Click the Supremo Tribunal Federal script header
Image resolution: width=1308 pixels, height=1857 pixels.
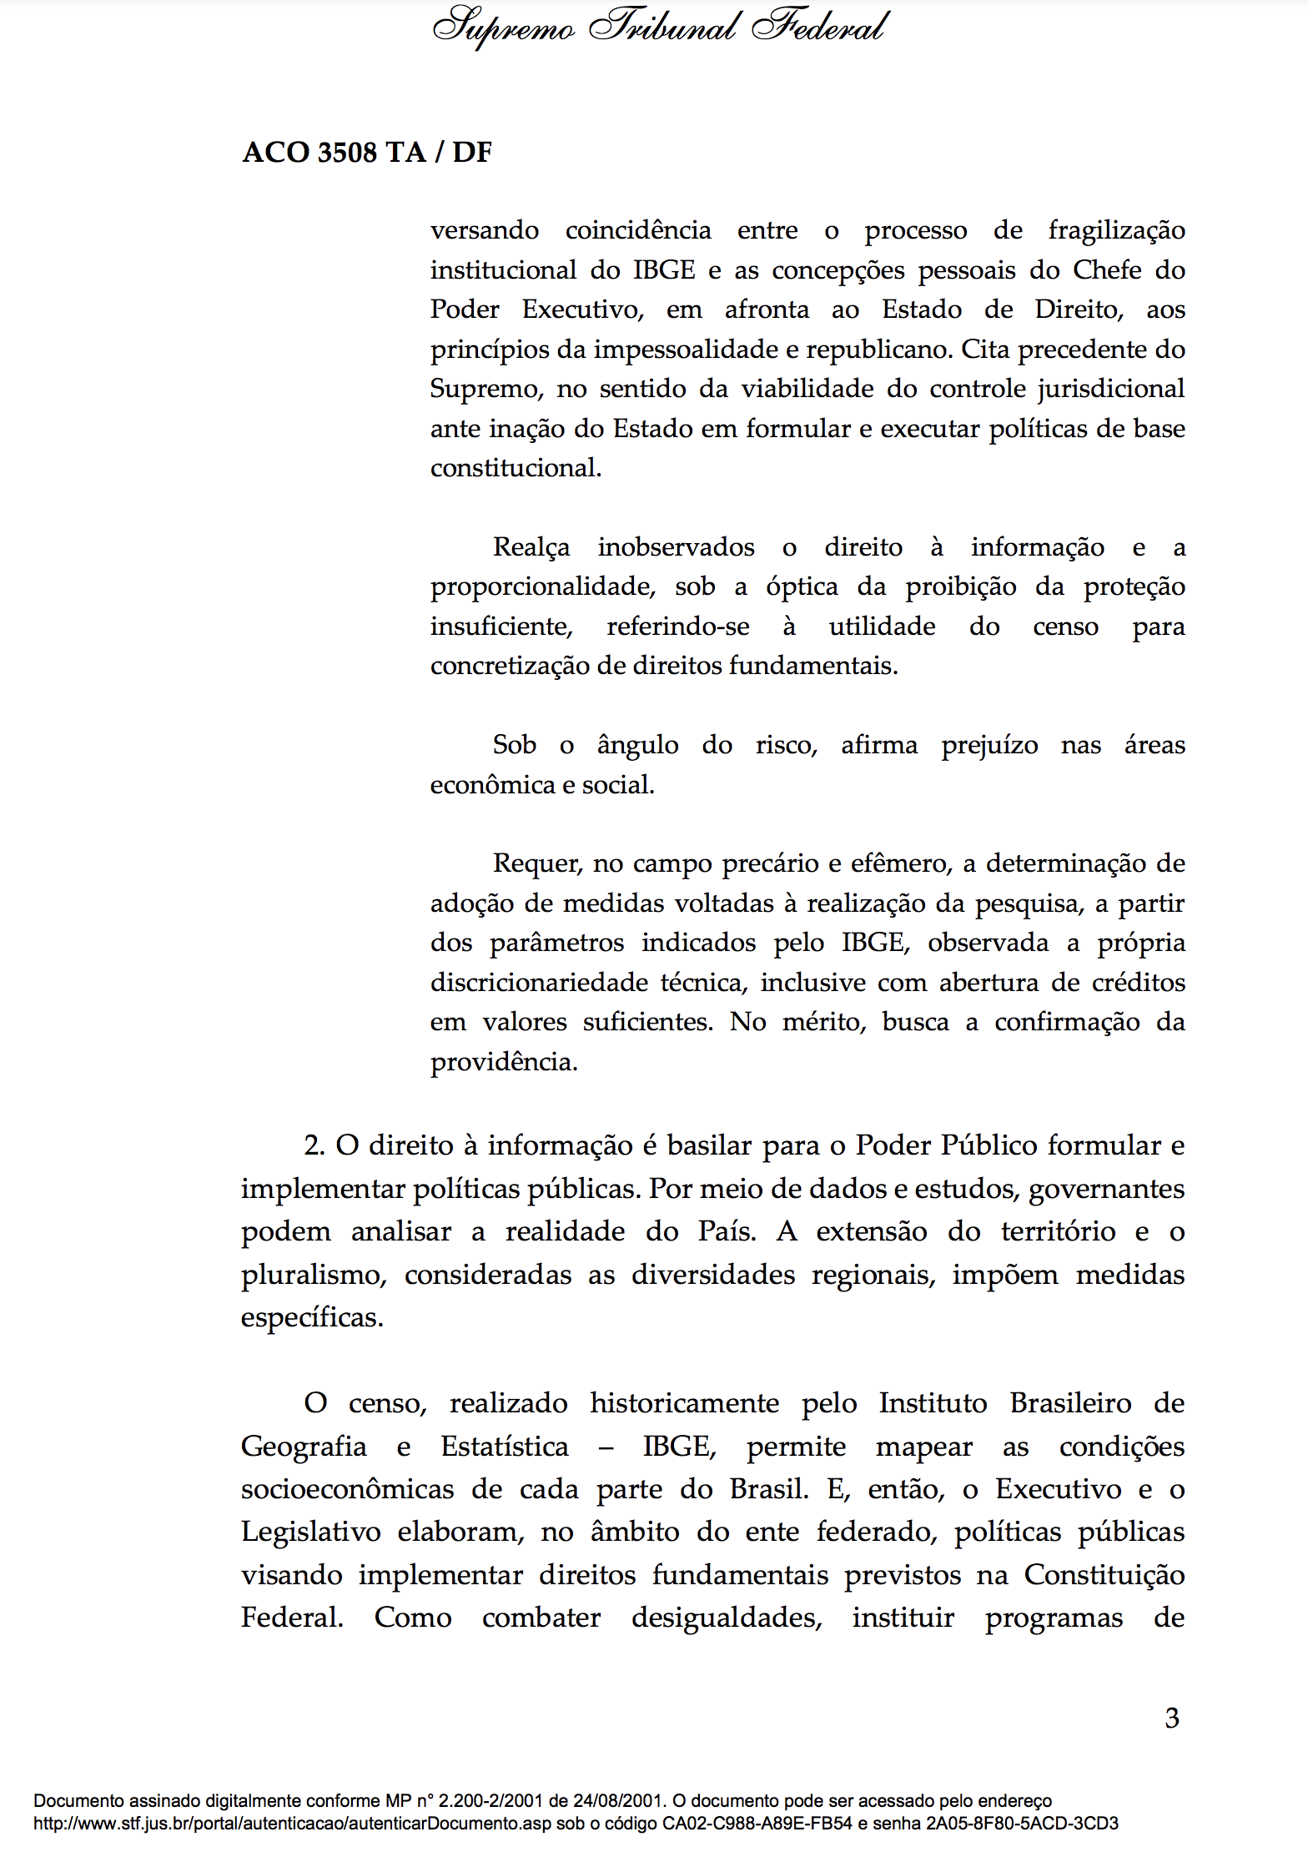pyautogui.click(x=659, y=27)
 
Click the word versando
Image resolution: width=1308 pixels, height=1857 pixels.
pyautogui.click(x=484, y=230)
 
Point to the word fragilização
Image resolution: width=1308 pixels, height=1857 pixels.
pyautogui.click(x=1116, y=230)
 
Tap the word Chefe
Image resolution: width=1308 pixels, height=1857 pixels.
pyautogui.click(x=1107, y=270)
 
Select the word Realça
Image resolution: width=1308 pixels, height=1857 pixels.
pyautogui.click(x=531, y=547)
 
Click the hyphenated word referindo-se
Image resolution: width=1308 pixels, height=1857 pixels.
pyautogui.click(x=677, y=627)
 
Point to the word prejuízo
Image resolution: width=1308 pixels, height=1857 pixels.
pyautogui.click(x=989, y=745)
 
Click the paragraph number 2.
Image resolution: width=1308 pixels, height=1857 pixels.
pyautogui.click(x=314, y=1145)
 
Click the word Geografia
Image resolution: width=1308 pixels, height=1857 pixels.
pyautogui.click(x=304, y=1447)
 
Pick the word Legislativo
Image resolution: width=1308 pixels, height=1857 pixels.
pyautogui.click(x=310, y=1532)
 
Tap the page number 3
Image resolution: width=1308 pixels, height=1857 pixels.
pyautogui.click(x=1172, y=1719)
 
